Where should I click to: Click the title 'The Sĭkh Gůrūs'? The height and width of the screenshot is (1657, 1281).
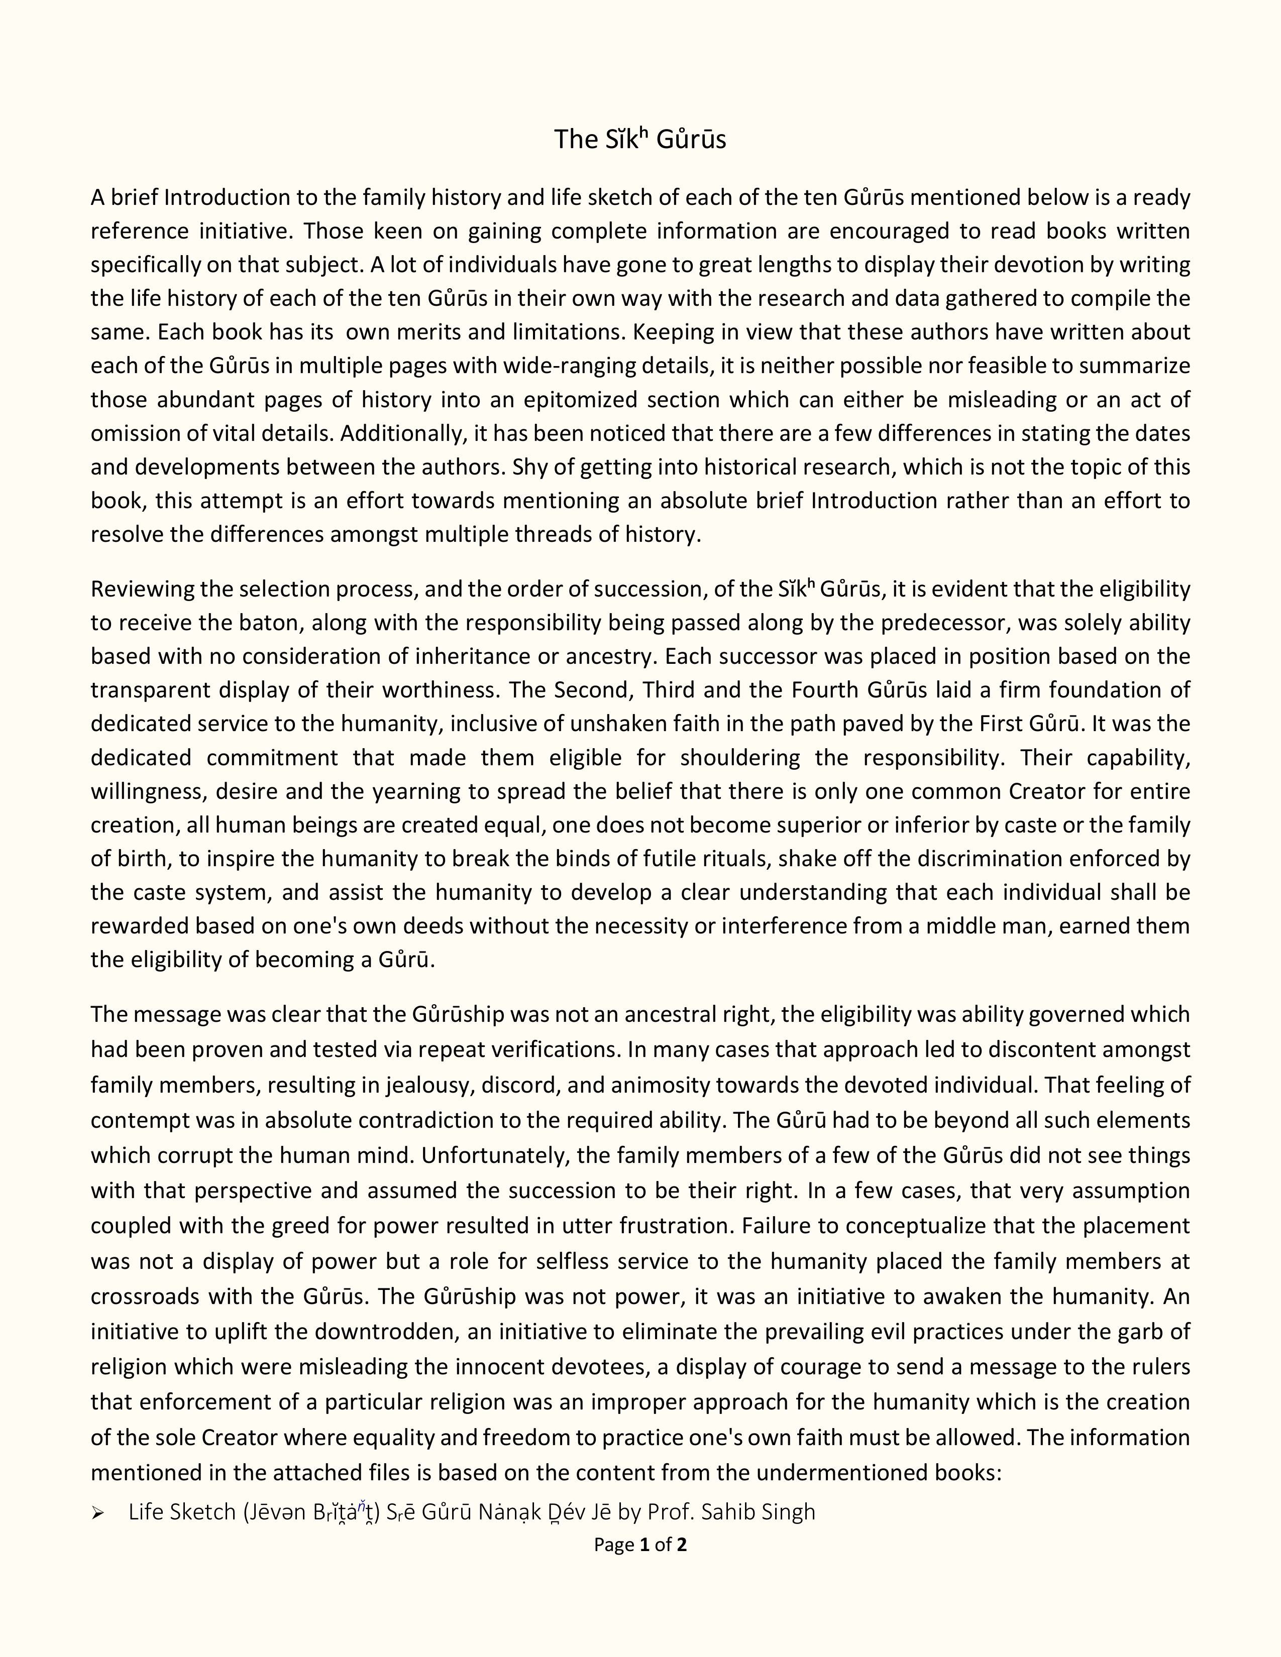(639, 140)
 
